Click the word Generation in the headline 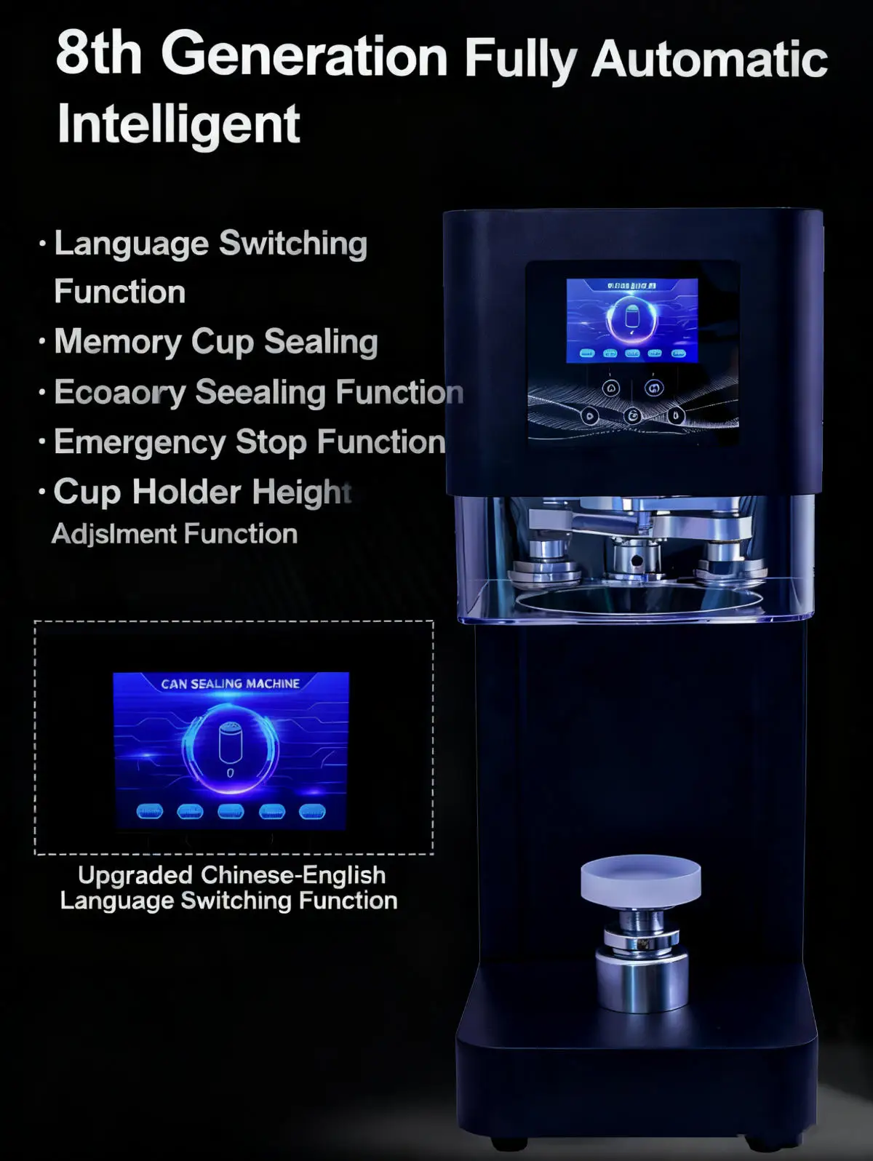[x=304, y=55]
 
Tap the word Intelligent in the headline [x=178, y=124]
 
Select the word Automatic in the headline [x=709, y=59]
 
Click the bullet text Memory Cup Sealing [x=216, y=342]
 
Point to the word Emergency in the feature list [x=140, y=442]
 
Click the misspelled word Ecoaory [x=120, y=393]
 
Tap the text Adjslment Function [x=175, y=534]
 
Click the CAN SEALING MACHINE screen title [x=230, y=684]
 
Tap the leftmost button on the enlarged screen [x=150, y=811]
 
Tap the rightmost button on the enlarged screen [x=312, y=811]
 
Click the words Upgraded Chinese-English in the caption [x=231, y=874]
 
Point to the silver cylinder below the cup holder [x=642, y=978]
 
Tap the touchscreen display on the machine [x=632, y=321]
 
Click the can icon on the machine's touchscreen [x=631, y=318]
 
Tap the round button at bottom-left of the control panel [x=589, y=416]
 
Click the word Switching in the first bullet [x=293, y=244]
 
